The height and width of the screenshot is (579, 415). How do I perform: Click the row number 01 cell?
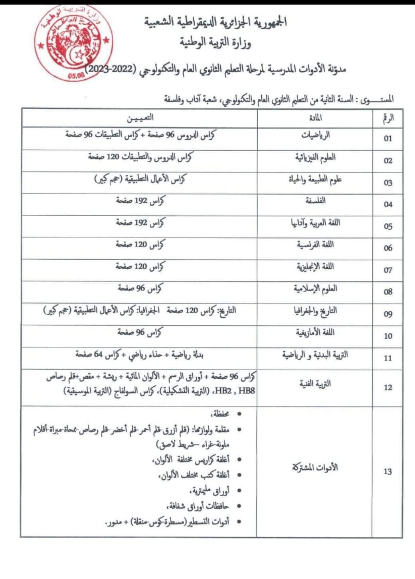388,138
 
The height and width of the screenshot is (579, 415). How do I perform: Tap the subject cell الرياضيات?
315,135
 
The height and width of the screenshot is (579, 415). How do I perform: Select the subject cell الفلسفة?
315,201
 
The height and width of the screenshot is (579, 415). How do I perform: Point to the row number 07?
388,270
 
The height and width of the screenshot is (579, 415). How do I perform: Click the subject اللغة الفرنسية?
315,245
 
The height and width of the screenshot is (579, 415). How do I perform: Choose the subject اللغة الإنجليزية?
315,267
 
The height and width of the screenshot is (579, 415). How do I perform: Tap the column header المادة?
315,118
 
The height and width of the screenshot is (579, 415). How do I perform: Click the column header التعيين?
140,118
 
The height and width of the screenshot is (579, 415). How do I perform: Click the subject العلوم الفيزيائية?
315,157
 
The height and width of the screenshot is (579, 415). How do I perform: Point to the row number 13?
388,471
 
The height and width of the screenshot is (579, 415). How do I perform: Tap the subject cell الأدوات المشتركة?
315,467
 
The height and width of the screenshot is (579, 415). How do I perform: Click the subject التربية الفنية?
315,384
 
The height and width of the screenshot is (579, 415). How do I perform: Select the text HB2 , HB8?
241,391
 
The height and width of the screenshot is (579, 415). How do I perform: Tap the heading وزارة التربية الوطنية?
215,42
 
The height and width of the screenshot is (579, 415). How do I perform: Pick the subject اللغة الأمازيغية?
315,332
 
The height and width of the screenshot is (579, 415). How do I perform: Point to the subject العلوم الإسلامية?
315,288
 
